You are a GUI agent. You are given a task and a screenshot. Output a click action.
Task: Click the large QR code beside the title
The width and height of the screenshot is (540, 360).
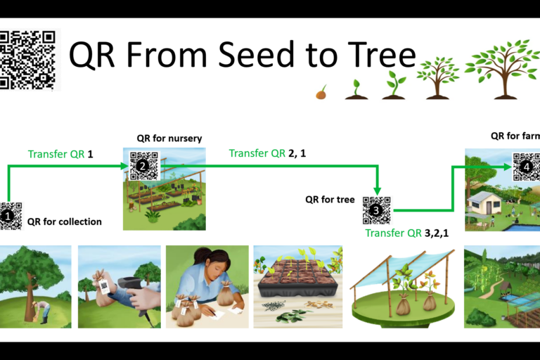point(27,60)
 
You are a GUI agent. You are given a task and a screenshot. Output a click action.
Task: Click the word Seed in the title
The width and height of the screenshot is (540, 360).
point(257,54)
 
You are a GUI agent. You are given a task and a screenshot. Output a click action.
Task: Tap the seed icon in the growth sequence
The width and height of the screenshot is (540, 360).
point(321,92)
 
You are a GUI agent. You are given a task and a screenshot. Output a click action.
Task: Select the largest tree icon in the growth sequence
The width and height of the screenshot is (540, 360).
point(503,70)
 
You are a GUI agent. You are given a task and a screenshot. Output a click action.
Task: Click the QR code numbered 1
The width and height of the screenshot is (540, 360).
point(11,216)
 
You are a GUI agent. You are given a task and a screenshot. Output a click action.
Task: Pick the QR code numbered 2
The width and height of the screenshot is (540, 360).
point(143,166)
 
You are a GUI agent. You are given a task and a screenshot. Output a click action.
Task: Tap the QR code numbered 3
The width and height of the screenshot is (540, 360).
point(377,210)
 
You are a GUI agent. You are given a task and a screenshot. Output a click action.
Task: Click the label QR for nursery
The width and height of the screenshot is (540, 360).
point(169,139)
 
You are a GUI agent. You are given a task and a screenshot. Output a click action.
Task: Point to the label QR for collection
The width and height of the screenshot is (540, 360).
point(65,221)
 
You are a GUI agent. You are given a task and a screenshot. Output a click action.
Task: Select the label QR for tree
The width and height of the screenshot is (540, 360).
point(330,200)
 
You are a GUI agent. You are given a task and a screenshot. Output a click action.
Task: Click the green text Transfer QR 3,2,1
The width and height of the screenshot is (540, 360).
point(406,233)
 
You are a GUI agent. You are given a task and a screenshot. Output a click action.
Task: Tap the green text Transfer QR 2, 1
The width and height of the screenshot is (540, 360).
point(267,153)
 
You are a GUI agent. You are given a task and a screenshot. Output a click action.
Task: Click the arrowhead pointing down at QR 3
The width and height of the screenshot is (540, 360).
point(378,191)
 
